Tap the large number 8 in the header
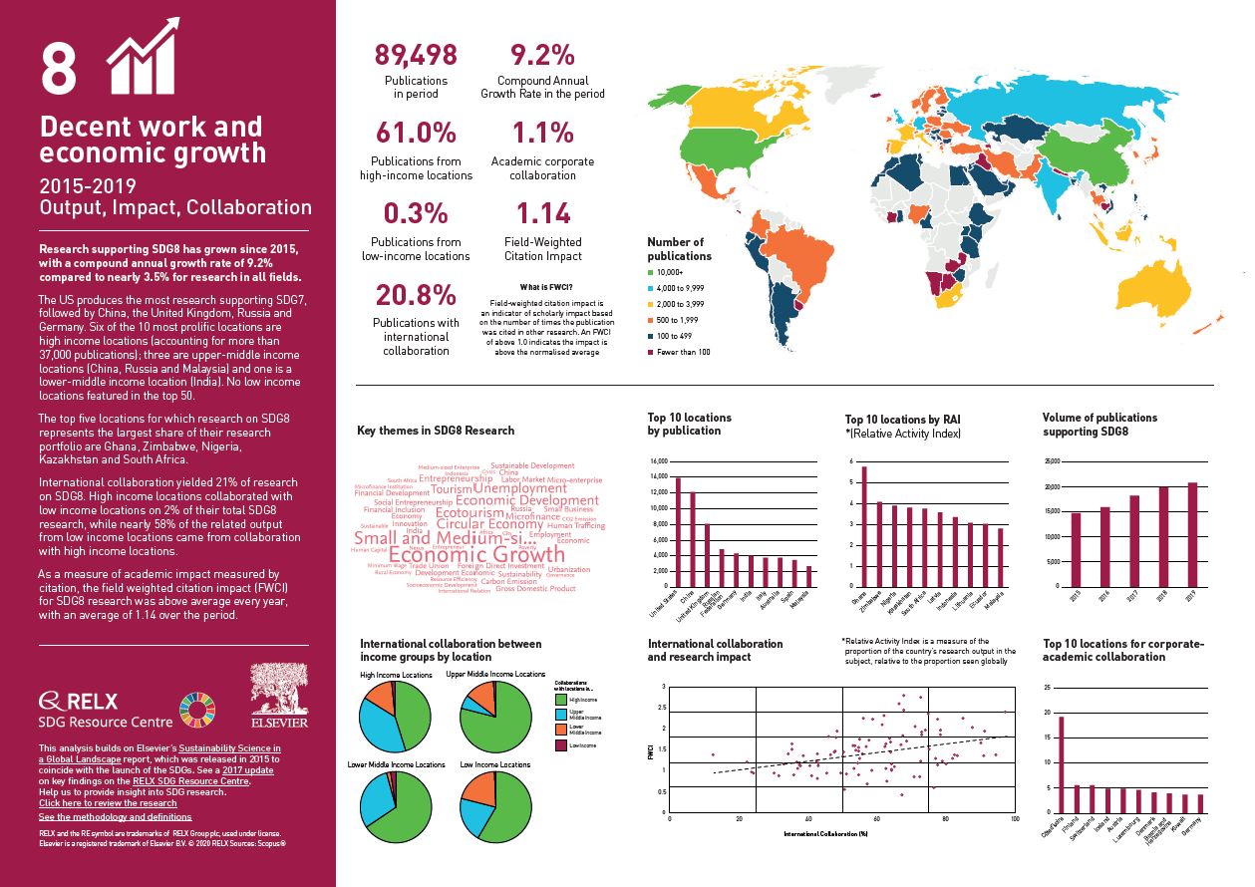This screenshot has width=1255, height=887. [59, 68]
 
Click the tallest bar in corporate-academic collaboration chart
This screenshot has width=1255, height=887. [1060, 764]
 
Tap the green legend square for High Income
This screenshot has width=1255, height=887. [560, 700]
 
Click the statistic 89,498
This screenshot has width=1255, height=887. [416, 55]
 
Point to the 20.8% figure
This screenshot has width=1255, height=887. [416, 295]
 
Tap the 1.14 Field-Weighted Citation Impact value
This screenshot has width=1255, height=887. [542, 213]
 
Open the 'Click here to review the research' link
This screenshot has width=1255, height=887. [108, 802]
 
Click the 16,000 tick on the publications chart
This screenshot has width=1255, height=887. [657, 461]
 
